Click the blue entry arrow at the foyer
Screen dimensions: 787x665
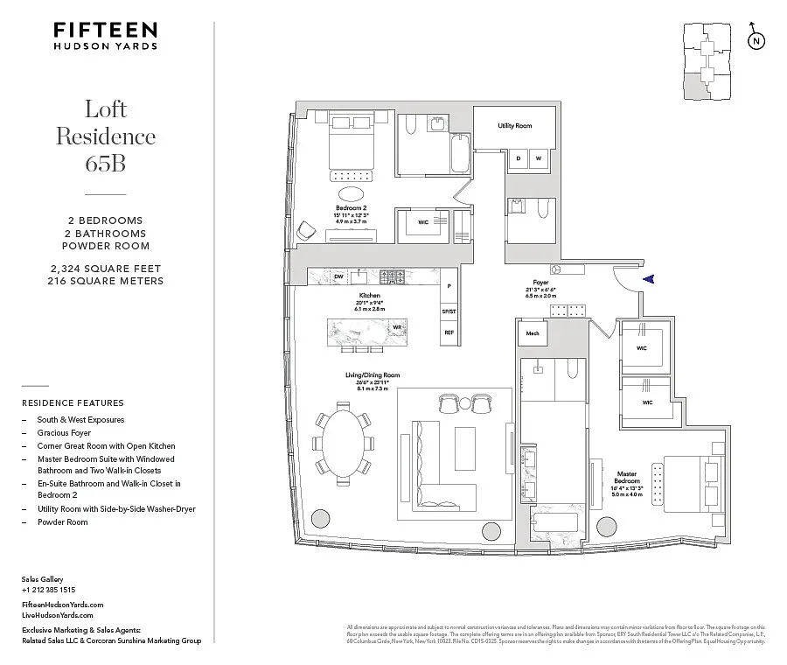coord(648,279)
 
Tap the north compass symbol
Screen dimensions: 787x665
coord(755,41)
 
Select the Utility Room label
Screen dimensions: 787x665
coord(515,126)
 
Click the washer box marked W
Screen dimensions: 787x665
coord(539,158)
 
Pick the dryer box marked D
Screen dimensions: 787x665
coord(519,158)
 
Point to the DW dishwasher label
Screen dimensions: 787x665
coord(339,276)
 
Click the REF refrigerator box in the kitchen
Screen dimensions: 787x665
coord(449,332)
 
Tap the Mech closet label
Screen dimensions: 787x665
coord(532,333)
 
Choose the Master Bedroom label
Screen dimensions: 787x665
coord(627,478)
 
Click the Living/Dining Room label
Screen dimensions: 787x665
coord(373,376)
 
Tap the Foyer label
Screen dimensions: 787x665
coord(541,283)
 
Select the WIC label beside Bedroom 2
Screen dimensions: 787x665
coord(423,222)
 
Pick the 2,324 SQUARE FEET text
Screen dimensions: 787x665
coord(105,268)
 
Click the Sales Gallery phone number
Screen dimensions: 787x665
coord(49,591)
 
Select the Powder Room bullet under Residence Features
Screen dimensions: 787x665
coord(61,522)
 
